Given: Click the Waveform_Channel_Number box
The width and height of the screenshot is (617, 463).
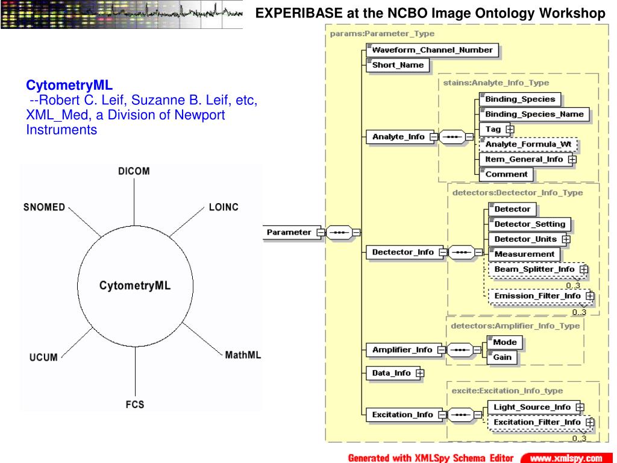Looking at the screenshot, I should tap(432, 50).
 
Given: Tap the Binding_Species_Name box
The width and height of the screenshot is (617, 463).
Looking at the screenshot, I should tap(533, 114).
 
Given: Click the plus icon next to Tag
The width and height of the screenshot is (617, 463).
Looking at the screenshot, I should tap(510, 129).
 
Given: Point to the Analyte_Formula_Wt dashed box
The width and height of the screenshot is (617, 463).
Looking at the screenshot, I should tap(527, 145).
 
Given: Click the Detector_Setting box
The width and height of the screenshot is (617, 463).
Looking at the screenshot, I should tap(528, 224).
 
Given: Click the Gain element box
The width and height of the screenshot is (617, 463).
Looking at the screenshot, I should tap(502, 357).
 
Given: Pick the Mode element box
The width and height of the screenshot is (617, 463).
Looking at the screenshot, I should tap(504, 342).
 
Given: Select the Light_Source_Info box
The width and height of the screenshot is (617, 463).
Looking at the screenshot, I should tap(531, 407).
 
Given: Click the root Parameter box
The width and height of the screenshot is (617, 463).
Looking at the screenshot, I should tap(290, 232).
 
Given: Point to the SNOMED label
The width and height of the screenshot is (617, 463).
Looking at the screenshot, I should tap(44, 207).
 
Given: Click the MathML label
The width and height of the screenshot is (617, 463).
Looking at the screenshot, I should tap(243, 355).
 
